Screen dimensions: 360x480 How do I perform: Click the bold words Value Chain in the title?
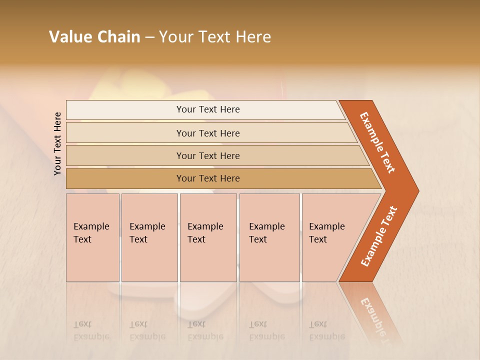pyautogui.click(x=94, y=37)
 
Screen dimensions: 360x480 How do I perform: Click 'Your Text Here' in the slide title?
pyautogui.click(x=215, y=37)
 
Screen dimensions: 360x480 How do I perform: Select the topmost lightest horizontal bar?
pyautogui.click(x=207, y=109)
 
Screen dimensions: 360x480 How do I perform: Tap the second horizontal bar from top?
pyautogui.click(x=207, y=133)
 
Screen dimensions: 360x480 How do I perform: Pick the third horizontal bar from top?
pyautogui.click(x=207, y=155)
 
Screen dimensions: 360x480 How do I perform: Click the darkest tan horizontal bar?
pyautogui.click(x=207, y=178)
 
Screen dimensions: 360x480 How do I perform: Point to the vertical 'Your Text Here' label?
pyautogui.click(x=57, y=143)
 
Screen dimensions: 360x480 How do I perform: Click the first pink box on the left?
pyautogui.click(x=92, y=237)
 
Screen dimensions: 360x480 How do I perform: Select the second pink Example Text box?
pyautogui.click(x=149, y=237)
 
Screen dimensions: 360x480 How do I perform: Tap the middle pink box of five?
pyautogui.click(x=208, y=237)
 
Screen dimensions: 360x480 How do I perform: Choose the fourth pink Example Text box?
pyautogui.click(x=269, y=237)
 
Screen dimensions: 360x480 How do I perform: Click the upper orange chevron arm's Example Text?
pyautogui.click(x=377, y=142)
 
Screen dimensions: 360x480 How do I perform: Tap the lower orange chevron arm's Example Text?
pyautogui.click(x=378, y=236)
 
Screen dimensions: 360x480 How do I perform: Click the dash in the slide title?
pyautogui.click(x=149, y=37)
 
